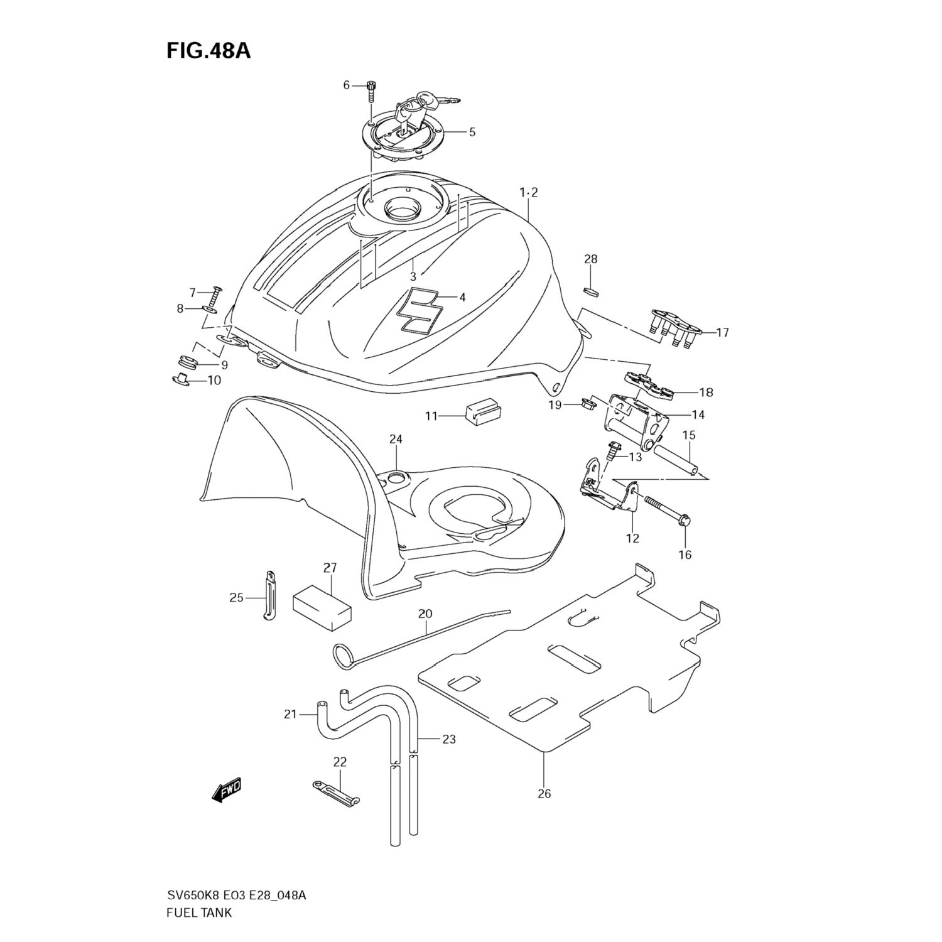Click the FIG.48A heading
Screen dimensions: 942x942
(x=208, y=50)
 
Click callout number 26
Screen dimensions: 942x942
(x=544, y=794)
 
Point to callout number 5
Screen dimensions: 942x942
(x=472, y=132)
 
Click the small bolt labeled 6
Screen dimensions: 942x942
(x=371, y=92)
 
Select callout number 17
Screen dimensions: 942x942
(x=722, y=332)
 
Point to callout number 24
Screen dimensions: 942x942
(x=395, y=439)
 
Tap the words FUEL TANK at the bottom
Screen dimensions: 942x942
(x=200, y=913)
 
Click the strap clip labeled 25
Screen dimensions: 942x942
(x=269, y=595)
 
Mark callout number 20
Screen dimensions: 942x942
(x=425, y=614)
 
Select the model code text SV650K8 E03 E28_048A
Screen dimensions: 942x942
(x=236, y=896)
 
